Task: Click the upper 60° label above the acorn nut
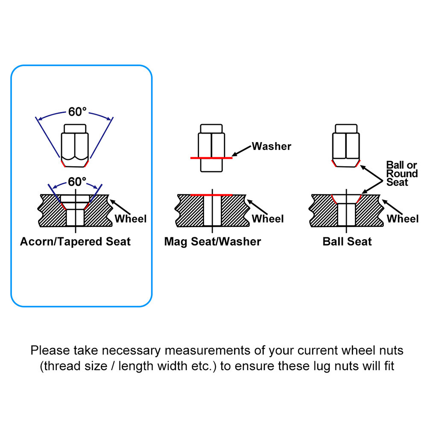click(77, 111)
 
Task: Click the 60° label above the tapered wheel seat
click(77, 181)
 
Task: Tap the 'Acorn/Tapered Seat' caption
click(75, 242)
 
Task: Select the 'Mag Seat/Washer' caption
click(212, 242)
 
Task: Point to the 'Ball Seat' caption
click(347, 242)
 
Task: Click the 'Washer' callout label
click(272, 146)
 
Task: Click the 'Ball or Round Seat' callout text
click(402, 173)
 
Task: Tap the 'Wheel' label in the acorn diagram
click(130, 219)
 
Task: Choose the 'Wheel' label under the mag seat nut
click(268, 219)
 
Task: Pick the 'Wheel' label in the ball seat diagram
click(403, 219)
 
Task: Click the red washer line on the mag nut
click(211, 158)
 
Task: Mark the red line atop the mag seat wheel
click(211, 195)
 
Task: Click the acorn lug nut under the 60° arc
click(75, 146)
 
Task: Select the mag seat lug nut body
click(211, 148)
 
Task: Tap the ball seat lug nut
click(346, 146)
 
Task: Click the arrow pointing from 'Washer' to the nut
click(241, 151)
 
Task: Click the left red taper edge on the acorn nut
click(63, 164)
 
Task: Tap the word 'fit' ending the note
click(389, 366)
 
